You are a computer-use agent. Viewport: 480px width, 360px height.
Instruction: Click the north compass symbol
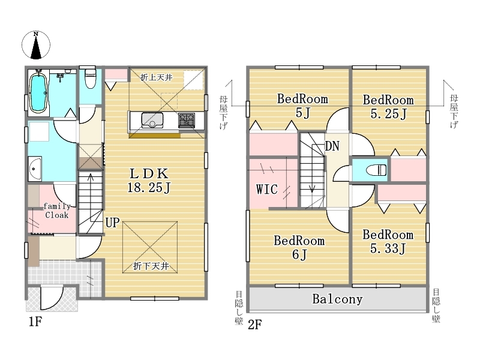point(36,45)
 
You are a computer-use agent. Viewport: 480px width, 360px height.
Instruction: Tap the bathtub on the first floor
point(38,91)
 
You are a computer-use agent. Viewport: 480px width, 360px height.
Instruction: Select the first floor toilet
point(90,78)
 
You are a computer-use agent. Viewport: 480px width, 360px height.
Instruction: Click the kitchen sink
point(152,120)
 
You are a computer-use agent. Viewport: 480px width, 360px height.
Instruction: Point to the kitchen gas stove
point(187,121)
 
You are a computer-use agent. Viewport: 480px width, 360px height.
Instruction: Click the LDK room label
point(149,174)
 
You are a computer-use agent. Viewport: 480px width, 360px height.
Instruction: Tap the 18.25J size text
point(149,187)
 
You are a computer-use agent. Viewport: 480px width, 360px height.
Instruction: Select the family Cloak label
point(57,211)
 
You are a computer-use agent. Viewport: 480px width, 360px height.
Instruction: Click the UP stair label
point(112,223)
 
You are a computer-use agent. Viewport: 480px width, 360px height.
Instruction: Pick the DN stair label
point(332,146)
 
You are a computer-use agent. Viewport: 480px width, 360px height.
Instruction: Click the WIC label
point(267,189)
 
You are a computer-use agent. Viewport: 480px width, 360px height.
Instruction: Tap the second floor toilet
point(376,170)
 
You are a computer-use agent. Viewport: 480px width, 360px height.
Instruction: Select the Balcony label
point(337,299)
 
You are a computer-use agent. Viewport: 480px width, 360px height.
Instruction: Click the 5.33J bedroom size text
point(388,248)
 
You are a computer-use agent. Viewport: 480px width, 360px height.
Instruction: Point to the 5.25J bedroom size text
point(388,113)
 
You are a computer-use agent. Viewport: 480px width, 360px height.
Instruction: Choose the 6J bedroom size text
point(299,254)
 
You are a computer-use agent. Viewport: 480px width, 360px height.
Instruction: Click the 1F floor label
point(35,322)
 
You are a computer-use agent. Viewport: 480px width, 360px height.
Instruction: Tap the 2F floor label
point(254,325)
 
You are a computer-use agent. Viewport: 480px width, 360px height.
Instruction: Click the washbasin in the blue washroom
point(35,169)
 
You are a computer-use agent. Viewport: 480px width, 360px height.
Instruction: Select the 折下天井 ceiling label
point(151,266)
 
